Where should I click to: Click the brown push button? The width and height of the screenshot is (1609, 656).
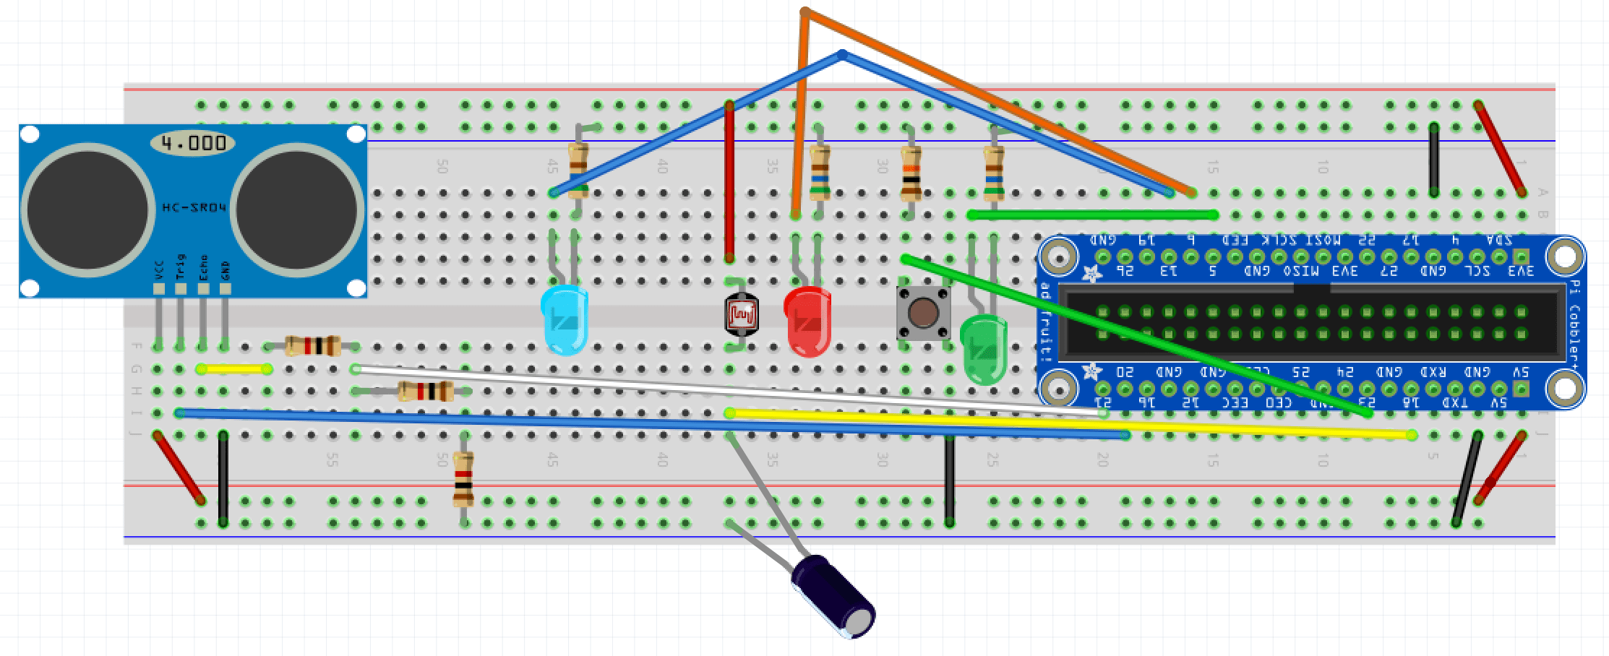point(922,313)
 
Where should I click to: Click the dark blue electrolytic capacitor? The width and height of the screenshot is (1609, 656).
point(833,596)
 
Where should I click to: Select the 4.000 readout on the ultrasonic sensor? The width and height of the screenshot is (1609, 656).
point(193,143)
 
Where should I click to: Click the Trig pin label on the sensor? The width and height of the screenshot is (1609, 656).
point(181,266)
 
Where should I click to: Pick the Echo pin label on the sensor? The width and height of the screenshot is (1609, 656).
point(203,266)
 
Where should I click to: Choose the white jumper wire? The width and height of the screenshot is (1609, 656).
point(723,391)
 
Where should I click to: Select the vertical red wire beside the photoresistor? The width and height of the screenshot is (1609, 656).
point(729,181)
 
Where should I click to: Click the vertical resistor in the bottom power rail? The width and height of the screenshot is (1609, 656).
point(463,479)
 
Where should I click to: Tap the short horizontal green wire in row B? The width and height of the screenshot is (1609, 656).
point(1092,215)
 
